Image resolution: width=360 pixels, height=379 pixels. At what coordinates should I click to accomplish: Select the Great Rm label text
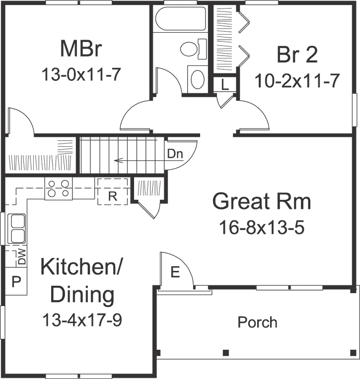(x=262, y=202)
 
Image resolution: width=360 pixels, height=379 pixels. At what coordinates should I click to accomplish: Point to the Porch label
(x=257, y=322)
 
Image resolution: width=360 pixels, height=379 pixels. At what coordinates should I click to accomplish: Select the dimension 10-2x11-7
(x=297, y=80)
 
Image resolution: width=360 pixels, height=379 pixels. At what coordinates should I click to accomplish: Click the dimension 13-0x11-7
(x=82, y=74)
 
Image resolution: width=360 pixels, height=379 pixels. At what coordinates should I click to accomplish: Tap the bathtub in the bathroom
(x=180, y=19)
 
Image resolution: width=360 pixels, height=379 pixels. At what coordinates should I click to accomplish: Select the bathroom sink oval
(x=198, y=79)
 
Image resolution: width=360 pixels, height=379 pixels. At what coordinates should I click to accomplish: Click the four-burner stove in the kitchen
(x=59, y=189)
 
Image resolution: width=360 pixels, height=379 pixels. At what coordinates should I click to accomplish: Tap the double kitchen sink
(x=16, y=228)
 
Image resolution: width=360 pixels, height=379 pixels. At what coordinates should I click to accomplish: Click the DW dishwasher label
(x=21, y=257)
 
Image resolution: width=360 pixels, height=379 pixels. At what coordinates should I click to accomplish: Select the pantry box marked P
(x=16, y=281)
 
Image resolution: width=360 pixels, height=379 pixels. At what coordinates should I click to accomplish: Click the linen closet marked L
(x=225, y=84)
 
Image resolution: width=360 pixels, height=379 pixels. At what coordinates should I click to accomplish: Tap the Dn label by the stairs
(x=175, y=154)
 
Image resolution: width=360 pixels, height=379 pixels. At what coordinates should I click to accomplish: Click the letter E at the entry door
(x=174, y=273)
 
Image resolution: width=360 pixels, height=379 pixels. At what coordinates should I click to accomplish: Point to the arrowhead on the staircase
(x=116, y=160)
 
